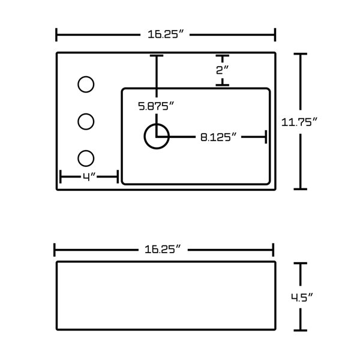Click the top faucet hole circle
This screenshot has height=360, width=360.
86,77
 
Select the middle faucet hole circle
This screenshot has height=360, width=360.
86,113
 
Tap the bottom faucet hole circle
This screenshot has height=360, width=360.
86,151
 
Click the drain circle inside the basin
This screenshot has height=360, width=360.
157,124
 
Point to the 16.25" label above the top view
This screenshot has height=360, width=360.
166,34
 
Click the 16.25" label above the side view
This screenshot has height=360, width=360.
163,250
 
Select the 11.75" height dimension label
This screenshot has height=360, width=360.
299,122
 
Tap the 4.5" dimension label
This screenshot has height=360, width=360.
302,298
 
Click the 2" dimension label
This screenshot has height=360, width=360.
223,70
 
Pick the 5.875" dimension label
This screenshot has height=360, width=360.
156,106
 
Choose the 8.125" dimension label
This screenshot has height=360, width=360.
218,137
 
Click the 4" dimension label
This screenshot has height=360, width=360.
89,177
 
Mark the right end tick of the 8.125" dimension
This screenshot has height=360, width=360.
266,137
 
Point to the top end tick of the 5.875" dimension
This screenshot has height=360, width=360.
157,56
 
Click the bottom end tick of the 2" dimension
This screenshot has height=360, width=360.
222,85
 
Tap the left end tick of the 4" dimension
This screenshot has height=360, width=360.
60,177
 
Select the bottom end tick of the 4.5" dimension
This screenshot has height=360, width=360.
301,331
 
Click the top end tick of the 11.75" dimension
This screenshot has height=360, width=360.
301,54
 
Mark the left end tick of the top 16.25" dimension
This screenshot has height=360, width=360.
56,35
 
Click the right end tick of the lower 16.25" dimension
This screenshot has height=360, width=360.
273,250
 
